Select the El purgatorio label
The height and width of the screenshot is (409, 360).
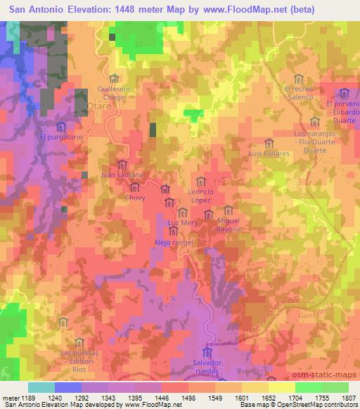tap(62, 137)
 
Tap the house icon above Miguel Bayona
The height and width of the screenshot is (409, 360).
tap(228, 210)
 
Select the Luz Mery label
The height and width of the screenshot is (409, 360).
tap(183, 223)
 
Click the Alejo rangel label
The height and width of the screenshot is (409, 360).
tap(173, 242)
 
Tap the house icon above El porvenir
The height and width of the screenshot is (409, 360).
tap(344, 93)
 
